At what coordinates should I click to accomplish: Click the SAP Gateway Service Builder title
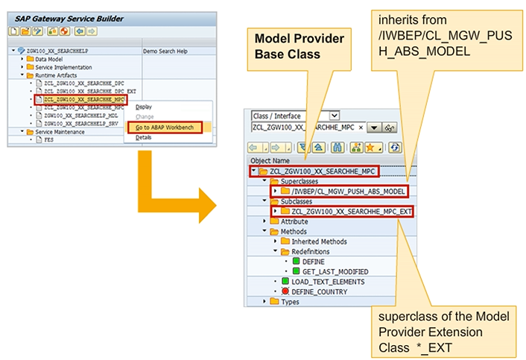click(68, 19)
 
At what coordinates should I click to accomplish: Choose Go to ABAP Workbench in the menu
click(165, 127)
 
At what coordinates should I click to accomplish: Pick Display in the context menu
click(144, 107)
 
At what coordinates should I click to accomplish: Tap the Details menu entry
click(144, 138)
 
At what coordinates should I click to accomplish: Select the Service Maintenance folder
click(60, 131)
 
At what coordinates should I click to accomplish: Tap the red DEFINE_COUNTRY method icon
click(285, 291)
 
